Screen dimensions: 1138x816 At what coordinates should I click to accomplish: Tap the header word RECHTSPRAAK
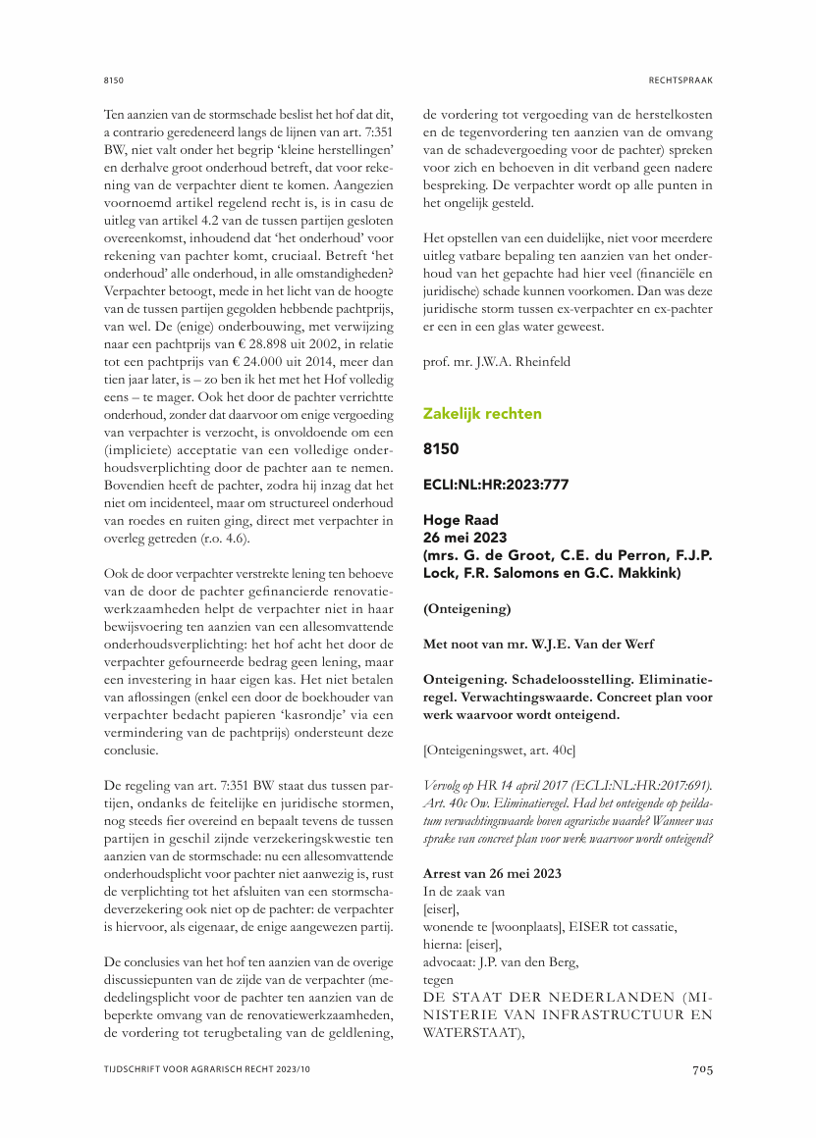tap(680, 78)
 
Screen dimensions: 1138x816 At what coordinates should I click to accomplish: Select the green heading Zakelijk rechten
tap(482, 414)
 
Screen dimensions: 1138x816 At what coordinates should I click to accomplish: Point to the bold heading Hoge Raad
tap(461, 520)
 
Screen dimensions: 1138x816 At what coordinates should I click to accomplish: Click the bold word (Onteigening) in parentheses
tap(467, 608)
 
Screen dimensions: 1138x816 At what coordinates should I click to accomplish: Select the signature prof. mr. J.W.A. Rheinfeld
tap(499, 362)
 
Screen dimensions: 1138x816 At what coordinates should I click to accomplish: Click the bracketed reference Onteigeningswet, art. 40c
tap(499, 750)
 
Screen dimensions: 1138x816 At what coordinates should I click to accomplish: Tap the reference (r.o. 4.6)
tap(221, 539)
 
